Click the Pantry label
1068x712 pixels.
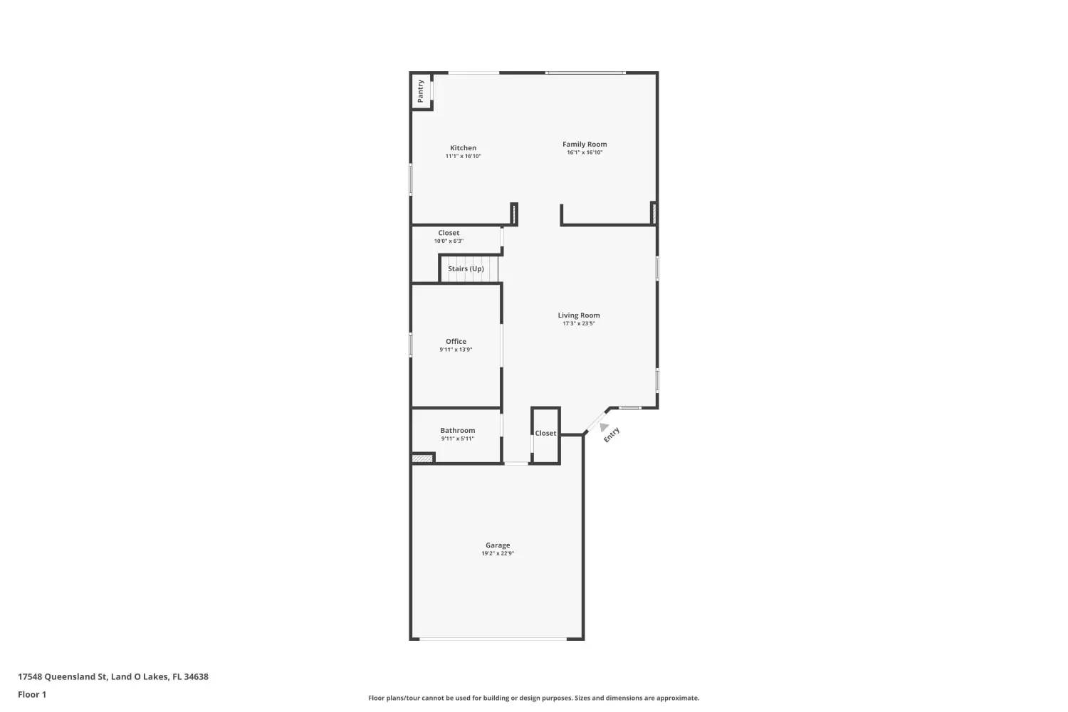421,91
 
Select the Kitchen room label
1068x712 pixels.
463,148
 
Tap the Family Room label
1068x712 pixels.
585,145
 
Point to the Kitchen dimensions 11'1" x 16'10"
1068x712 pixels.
463,157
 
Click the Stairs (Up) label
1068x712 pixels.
466,269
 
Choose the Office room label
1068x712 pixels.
456,342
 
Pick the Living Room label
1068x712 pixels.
578,315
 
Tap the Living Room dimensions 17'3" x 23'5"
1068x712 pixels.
578,324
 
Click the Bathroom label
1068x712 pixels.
457,431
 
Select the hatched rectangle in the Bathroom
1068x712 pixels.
423,459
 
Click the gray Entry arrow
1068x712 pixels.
604,427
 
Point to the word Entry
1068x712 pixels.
612,435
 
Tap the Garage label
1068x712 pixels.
498,545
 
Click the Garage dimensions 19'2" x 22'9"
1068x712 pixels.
498,554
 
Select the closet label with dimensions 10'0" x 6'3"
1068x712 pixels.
449,234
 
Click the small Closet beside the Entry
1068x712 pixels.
545,434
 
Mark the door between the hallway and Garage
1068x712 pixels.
516,464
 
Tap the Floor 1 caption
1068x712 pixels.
32,695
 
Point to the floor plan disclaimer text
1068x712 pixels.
533,698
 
